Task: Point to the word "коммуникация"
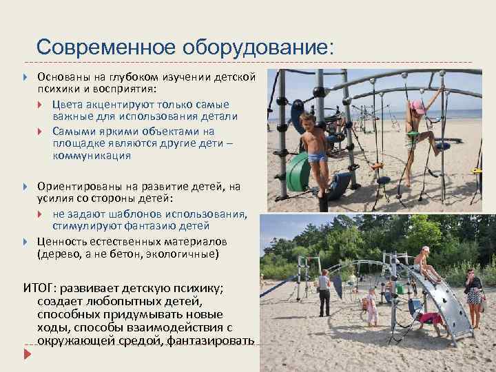click(92, 156)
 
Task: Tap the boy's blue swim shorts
click(317, 158)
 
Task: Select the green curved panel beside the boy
click(297, 170)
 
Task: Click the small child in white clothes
click(372, 307)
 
